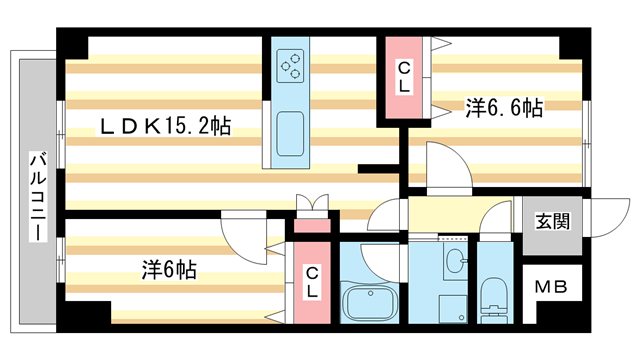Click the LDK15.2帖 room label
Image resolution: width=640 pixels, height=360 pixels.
[x=164, y=127]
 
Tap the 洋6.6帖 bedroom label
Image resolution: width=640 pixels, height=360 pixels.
[x=503, y=108]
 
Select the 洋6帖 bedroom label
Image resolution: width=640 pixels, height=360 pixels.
[x=168, y=269]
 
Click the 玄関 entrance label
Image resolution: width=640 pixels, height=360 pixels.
[x=544, y=221]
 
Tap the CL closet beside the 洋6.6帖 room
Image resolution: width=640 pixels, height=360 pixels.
[x=403, y=78]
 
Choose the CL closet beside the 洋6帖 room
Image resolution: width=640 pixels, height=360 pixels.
[x=312, y=282]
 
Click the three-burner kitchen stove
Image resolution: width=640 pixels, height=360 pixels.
[x=292, y=67]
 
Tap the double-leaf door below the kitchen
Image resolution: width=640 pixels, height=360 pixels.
[x=311, y=203]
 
